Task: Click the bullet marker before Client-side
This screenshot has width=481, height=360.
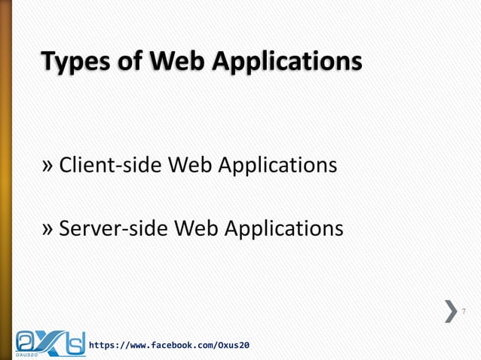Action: pos(49,165)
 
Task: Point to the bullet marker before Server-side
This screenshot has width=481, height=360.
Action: pos(49,227)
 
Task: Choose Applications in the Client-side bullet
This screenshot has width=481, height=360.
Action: pos(277,165)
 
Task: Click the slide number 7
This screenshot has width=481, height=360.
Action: pos(464,312)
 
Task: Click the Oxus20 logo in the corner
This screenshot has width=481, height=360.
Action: pos(50,340)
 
